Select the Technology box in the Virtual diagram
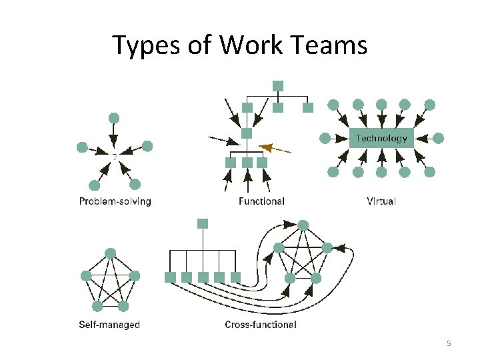point(381,138)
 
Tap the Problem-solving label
point(115,201)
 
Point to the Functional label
point(261,201)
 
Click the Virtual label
point(381,201)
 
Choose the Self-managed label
point(109,325)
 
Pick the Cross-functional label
point(261,325)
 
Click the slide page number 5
point(449,343)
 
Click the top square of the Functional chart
point(278,85)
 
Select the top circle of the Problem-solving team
point(114,118)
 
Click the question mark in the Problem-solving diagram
point(114,157)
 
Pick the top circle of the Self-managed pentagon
point(111,253)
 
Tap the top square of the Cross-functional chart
point(203,223)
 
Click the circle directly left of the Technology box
point(325,138)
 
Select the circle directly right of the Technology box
point(438,138)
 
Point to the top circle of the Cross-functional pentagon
point(303,225)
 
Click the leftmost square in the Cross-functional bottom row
point(170,277)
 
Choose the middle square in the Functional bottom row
point(247,162)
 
